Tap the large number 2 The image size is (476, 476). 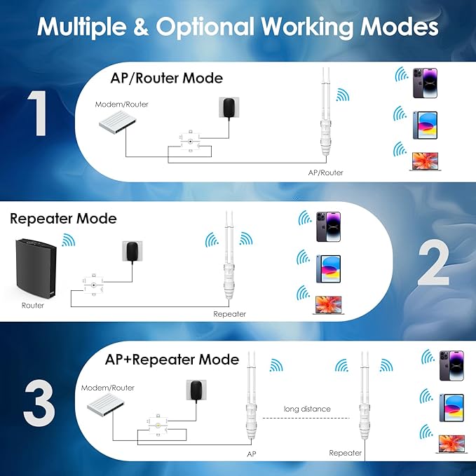[x=433, y=261]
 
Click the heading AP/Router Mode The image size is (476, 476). [x=167, y=77]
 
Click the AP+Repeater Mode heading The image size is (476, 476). [x=172, y=360]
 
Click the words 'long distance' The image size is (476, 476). [x=306, y=409]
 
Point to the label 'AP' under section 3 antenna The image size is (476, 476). [x=252, y=454]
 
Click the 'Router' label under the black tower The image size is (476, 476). [x=33, y=306]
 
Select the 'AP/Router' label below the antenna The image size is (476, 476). [x=326, y=172]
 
